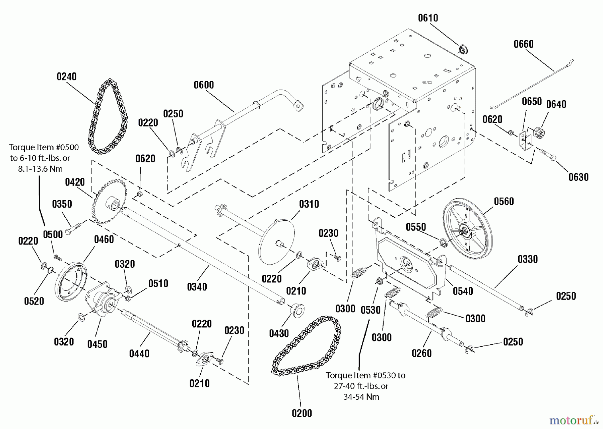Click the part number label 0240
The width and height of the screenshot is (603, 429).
click(66, 77)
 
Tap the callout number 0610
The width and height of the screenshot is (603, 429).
click(428, 18)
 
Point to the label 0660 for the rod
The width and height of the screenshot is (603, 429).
click(523, 44)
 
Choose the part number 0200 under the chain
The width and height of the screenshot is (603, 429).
click(302, 413)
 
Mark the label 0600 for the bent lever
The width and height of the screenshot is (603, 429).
click(204, 85)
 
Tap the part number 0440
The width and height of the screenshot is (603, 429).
click(139, 353)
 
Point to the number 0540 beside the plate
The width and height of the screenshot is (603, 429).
click(463, 291)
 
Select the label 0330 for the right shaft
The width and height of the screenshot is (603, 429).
click(528, 259)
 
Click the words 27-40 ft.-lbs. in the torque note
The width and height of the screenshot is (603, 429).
click(361, 386)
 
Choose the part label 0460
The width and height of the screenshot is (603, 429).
click(104, 239)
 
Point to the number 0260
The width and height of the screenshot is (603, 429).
click(421, 353)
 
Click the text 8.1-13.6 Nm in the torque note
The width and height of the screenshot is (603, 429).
click(40, 169)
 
